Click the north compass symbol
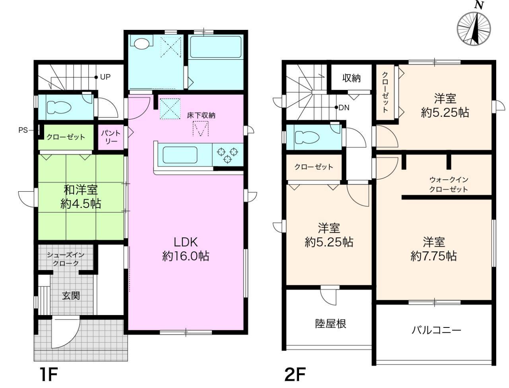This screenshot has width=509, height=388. pos(474,28)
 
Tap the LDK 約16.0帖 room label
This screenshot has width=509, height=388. pos(186,249)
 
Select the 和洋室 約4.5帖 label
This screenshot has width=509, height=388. pos(81,197)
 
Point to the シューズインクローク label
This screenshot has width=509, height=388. pos(66,259)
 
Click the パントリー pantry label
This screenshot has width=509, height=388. pos(110,137)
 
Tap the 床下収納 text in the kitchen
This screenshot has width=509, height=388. pos(201,115)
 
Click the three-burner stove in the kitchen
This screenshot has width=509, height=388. pos(227,155)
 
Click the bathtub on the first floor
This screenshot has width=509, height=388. pos(215,48)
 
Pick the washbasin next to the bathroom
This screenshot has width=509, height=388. pos(142,43)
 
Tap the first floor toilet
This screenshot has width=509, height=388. pos(59,107)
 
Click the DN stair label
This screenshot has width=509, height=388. pos(344,107)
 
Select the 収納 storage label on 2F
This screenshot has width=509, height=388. pos(352,78)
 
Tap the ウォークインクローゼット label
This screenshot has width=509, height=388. pos(448,184)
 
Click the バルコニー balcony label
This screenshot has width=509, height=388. pos(436,330)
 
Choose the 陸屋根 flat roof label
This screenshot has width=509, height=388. pos(330,323)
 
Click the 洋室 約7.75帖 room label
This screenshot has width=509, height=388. pos(433,249)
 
